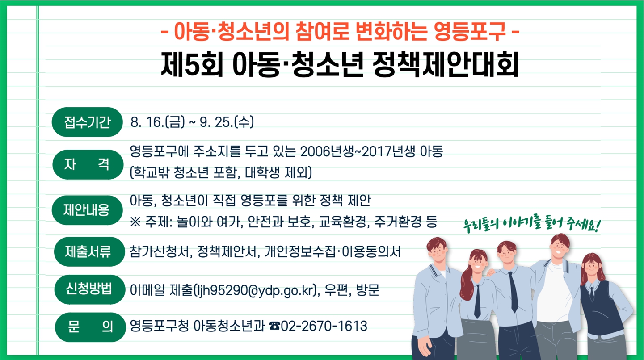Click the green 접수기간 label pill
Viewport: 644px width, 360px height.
coord(87,122)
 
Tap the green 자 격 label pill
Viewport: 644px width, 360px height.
coord(88,165)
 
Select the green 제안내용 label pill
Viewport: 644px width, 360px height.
coord(87,210)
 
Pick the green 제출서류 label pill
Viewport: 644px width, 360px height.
coord(89,251)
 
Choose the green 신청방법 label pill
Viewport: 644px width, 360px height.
coord(90,289)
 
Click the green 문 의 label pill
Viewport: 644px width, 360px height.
coord(90,327)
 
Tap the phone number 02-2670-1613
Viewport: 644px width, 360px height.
coord(324,326)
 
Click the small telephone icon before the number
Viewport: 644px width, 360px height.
coord(274,326)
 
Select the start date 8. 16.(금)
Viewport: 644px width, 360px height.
coord(158,122)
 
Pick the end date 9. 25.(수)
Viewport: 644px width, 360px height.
coord(227,122)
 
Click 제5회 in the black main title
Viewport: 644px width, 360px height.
coord(192,64)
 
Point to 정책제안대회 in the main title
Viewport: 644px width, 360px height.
coord(446,64)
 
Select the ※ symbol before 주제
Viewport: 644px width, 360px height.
coord(135,222)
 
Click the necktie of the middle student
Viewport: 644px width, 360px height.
coord(513,291)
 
